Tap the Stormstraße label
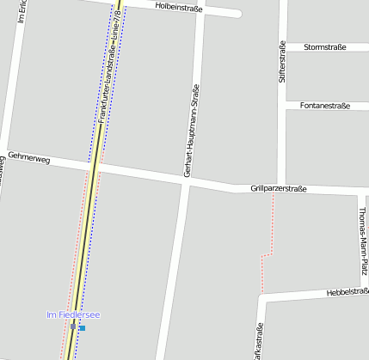324,47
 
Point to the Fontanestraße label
324,106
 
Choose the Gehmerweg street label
28,159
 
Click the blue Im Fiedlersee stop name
73,315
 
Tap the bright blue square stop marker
83,327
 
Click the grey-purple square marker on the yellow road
73,326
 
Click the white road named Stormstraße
310,47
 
